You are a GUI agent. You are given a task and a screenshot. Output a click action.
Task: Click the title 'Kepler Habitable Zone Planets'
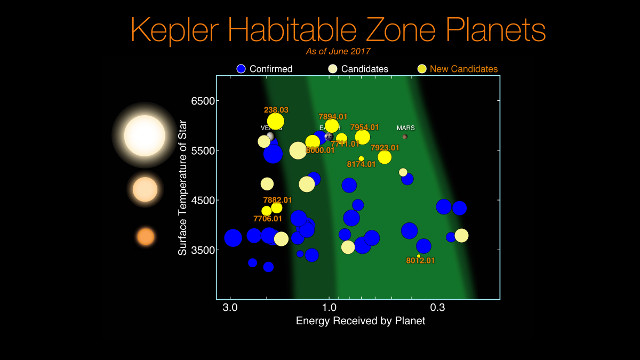pyautogui.click(x=338, y=29)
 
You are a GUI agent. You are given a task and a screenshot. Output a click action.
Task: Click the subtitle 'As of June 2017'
pyautogui.click(x=338, y=50)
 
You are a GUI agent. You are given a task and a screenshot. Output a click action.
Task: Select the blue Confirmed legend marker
pyautogui.click(x=241, y=69)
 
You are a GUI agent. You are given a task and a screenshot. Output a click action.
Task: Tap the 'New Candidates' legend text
pyautogui.click(x=464, y=69)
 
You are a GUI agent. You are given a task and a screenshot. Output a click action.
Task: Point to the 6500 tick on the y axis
pyautogui.click(x=203, y=101)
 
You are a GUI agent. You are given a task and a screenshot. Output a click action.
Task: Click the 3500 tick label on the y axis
pyautogui.click(x=203, y=250)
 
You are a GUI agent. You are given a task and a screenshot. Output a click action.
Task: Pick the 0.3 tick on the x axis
pyautogui.click(x=437, y=307)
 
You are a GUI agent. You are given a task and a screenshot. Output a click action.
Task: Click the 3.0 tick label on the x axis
pyautogui.click(x=231, y=307)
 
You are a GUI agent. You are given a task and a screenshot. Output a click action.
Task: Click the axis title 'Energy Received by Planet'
pyautogui.click(x=360, y=321)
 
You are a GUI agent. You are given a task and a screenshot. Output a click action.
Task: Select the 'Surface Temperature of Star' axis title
pyautogui.click(x=183, y=187)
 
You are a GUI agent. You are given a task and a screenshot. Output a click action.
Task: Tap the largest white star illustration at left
pyautogui.click(x=145, y=135)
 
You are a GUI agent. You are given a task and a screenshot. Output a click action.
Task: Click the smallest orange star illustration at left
pyautogui.click(x=146, y=237)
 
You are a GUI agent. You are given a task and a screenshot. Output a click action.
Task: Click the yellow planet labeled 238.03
pyautogui.click(x=276, y=122)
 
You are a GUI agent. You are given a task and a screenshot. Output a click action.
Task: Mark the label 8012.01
pyautogui.click(x=420, y=260)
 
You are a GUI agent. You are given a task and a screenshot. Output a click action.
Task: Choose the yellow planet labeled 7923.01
pyautogui.click(x=385, y=157)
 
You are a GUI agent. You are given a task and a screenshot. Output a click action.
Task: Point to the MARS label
pyautogui.click(x=405, y=128)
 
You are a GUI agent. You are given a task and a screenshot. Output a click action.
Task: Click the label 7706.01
pyautogui.click(x=267, y=218)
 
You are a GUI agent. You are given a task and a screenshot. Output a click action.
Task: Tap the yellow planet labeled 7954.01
pyautogui.click(x=364, y=137)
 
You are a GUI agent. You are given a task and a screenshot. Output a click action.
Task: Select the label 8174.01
pyautogui.click(x=361, y=164)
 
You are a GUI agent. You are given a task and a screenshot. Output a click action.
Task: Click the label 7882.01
pyautogui.click(x=277, y=199)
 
